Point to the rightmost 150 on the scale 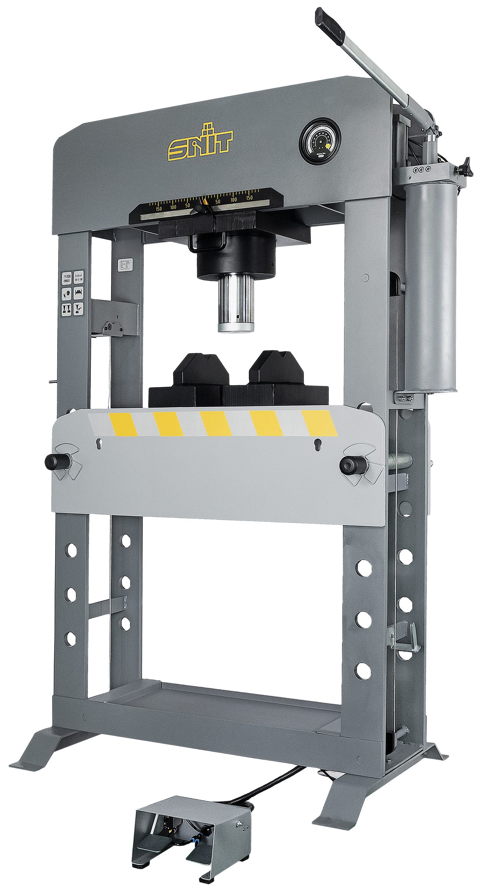pyautogui.click(x=249, y=198)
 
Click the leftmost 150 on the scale pyautogui.click(x=159, y=209)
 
